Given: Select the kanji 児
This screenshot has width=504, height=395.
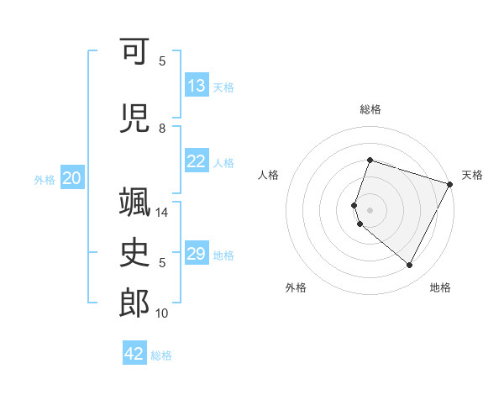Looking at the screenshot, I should click(x=135, y=118).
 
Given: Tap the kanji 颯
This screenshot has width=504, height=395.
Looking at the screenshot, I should click(x=135, y=203).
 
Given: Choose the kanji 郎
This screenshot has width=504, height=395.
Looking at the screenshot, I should click(x=135, y=303).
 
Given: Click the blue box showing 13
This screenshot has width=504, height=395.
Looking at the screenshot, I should click(x=197, y=86).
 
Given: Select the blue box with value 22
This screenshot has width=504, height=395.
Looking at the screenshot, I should click(x=197, y=161).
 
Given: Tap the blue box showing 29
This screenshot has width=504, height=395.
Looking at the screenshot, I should click(x=197, y=254).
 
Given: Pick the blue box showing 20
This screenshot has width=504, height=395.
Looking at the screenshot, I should click(x=72, y=178).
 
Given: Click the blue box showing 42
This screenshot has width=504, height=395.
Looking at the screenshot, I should click(x=134, y=354).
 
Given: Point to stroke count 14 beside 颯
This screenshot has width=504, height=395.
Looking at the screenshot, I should click(x=164, y=213).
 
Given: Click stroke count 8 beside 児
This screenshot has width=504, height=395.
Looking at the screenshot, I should click(x=162, y=129).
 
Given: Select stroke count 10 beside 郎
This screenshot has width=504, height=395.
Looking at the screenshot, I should click(x=164, y=313).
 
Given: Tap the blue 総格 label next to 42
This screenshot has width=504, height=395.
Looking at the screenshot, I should click(x=161, y=355).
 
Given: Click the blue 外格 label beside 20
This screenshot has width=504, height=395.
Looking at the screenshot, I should click(x=45, y=179).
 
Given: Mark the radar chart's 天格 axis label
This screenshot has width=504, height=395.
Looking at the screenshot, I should click(x=472, y=175).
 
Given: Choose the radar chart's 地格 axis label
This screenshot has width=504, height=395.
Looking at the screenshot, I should click(x=440, y=287).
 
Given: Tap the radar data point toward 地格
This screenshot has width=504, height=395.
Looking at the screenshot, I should click(x=409, y=266).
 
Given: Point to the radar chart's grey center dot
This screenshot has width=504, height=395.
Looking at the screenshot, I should click(x=370, y=209).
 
